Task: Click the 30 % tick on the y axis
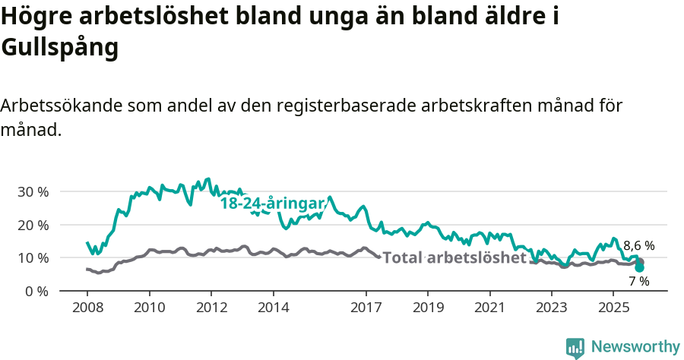(x=32, y=192)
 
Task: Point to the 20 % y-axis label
(x=32, y=225)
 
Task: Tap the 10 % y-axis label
(x=32, y=258)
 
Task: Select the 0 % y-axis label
(x=36, y=291)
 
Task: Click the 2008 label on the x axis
(x=87, y=308)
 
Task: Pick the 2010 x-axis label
(x=149, y=308)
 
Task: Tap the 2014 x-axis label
(x=273, y=308)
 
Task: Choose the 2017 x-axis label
(x=366, y=308)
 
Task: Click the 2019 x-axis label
(x=427, y=308)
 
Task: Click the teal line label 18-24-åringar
(x=272, y=204)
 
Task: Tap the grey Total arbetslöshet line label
(x=454, y=257)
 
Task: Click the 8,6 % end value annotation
(x=638, y=245)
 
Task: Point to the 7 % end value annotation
(x=638, y=281)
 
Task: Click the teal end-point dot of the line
(x=639, y=267)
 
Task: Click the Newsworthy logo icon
(x=575, y=347)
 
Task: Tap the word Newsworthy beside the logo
(x=635, y=347)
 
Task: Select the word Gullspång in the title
(x=60, y=47)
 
